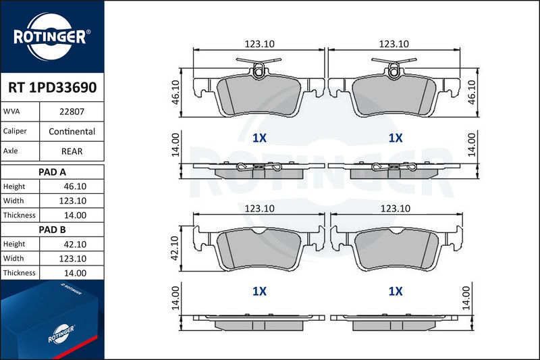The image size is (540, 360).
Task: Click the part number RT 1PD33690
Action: tap(53, 88)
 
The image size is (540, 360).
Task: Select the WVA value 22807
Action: tap(72, 111)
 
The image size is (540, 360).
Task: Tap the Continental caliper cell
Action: tap(72, 131)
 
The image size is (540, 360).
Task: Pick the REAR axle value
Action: tap(72, 151)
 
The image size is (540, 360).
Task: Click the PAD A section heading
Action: tap(52, 172)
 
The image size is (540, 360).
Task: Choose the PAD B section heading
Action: tap(52, 230)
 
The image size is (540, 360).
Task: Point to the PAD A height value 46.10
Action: tap(75, 186)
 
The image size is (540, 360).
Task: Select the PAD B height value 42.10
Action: tap(75, 245)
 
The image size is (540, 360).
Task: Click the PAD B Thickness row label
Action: tap(20, 273)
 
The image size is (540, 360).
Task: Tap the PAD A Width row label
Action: tap(13, 201)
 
